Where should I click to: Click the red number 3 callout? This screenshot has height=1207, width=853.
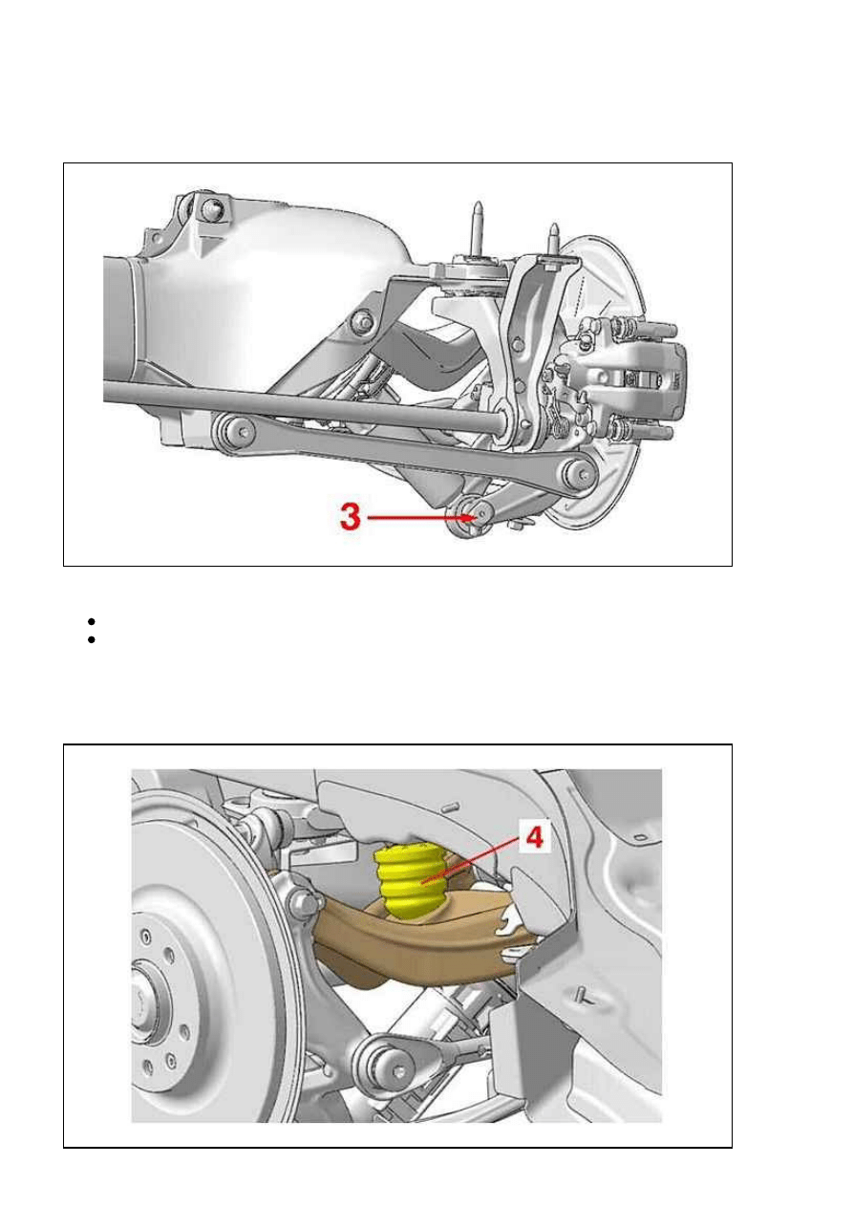click(351, 516)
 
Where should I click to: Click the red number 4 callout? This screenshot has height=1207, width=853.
click(534, 838)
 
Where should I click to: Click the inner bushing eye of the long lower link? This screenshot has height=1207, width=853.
click(233, 432)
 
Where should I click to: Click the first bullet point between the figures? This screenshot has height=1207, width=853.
click(91, 621)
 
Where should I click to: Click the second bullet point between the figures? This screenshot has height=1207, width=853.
click(91, 639)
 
